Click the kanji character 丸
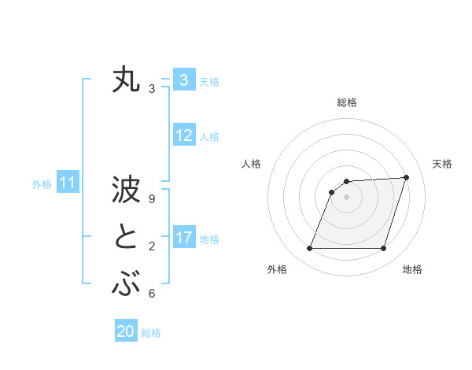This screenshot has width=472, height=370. coord(127,81)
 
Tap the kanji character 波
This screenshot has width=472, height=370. coord(127,191)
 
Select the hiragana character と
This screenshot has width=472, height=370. coord(127,237)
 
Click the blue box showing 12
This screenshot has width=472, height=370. coord(184,135)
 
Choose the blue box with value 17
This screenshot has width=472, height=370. coord(184,238)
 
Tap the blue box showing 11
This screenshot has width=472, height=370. coord(67,183)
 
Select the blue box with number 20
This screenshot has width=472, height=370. coord(126,331)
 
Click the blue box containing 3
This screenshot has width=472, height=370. coord(183,80)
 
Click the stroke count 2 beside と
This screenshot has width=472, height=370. coord(152,246)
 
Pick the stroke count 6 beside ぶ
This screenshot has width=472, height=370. coord(152,294)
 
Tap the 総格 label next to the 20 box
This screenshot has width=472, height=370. coord(151,333)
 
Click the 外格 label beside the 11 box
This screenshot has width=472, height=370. coord(42,185)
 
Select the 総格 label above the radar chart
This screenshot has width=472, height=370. coord(346,102)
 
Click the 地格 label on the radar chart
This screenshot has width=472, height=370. coord(412,270)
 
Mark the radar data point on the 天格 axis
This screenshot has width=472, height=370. coord(406,177)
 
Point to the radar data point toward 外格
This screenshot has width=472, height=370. coord(309,249)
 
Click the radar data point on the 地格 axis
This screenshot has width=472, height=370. coord(383,249)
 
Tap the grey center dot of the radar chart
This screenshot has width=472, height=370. coord(346,198)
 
